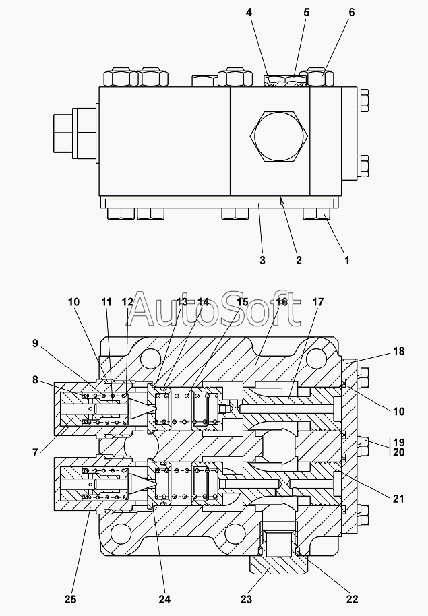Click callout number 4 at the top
249,13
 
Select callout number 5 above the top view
307,13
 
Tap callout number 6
352,13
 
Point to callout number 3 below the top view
263,260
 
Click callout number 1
347,260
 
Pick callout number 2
299,260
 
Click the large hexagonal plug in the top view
279,136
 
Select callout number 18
399,351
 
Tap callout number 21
398,499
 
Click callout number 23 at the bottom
246,599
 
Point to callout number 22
352,599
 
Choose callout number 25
70,599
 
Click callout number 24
164,599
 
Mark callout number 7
35,453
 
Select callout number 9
35,343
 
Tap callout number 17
317,302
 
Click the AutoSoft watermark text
214,309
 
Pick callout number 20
398,453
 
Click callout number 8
35,380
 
